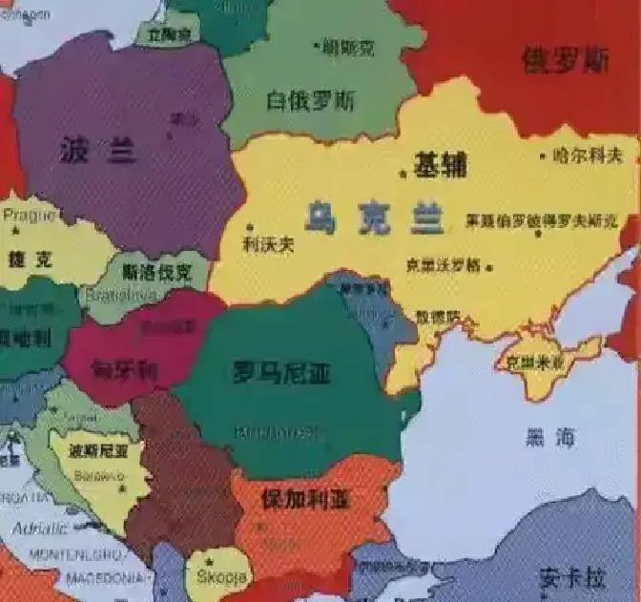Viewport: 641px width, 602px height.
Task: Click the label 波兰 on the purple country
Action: point(97,150)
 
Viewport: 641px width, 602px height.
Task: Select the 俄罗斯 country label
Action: point(566,60)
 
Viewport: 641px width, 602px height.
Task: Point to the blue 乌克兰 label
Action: point(375,218)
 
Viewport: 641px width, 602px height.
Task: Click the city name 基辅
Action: point(440,165)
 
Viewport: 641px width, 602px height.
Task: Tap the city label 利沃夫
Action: point(268,244)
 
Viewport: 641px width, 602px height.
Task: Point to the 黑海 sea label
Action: point(550,438)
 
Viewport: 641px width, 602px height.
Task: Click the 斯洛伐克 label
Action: point(157,272)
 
